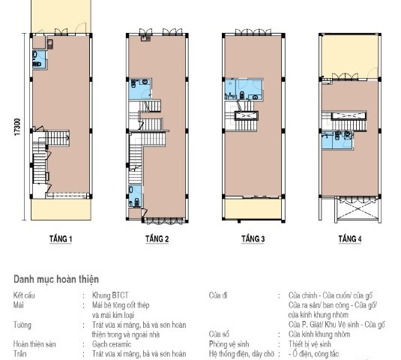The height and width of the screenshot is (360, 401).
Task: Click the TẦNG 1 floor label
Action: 61,240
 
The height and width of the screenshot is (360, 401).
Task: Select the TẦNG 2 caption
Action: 157,240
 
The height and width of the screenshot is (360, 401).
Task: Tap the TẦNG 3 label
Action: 253,239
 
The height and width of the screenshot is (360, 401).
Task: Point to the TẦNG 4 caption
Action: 349,239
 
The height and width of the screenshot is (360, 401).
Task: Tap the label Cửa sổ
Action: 220,334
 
